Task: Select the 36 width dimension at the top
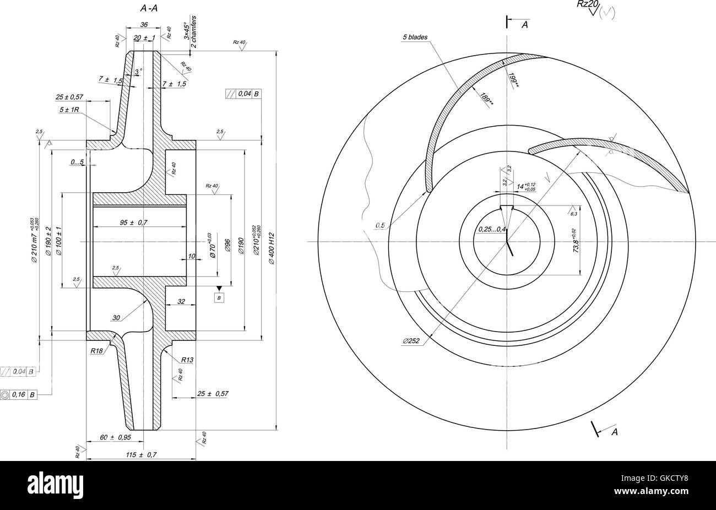(x=144, y=25)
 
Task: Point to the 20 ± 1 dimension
(x=144, y=37)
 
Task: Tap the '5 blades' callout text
(x=415, y=37)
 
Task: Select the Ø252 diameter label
(x=411, y=341)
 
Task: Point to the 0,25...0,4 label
(x=491, y=229)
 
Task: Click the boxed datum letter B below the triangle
(x=220, y=298)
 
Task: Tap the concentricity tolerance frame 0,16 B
(x=20, y=394)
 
